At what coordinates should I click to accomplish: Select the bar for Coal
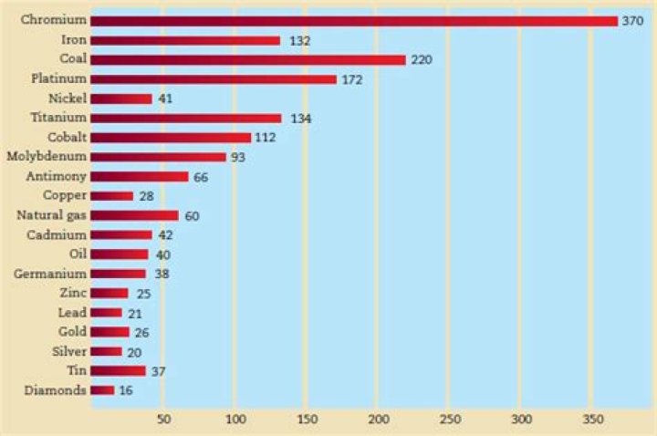point(248,59)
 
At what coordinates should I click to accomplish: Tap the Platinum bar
point(214,79)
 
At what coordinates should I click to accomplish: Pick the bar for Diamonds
point(102,390)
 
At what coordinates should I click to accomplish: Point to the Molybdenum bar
point(158,157)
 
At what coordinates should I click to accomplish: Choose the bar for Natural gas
point(135,215)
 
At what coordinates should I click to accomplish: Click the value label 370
point(633,20)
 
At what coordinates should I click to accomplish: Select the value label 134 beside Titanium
point(299,118)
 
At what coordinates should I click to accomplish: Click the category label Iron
point(73,40)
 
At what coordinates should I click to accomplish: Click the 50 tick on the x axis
point(163,419)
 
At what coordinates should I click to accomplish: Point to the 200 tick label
point(378,419)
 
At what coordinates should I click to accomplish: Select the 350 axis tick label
point(592,419)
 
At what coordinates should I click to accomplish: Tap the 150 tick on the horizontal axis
point(307,419)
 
